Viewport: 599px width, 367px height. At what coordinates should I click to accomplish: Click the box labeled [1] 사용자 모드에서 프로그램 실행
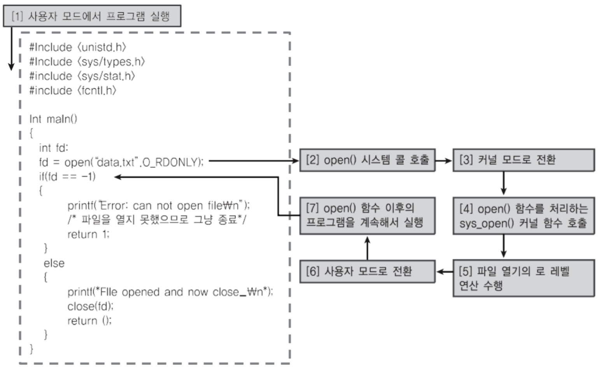(92, 16)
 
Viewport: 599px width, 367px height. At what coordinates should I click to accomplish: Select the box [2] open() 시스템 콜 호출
(367, 160)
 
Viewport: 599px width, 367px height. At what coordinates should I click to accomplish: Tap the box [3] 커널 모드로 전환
(523, 160)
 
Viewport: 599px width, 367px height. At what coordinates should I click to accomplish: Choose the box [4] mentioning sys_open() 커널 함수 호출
(523, 216)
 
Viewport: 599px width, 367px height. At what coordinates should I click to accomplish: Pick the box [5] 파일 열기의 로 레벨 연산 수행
(523, 278)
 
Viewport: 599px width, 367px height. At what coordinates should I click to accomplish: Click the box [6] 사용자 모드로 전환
(367, 271)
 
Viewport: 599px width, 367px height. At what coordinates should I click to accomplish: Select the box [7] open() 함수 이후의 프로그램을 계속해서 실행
(367, 216)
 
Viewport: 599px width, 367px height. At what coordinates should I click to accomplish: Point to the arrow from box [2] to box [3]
(443, 160)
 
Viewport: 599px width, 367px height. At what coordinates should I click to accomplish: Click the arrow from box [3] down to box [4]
(504, 183)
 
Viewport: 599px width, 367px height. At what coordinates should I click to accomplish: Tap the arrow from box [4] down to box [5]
(504, 246)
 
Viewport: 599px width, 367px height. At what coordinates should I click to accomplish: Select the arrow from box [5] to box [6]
(444, 272)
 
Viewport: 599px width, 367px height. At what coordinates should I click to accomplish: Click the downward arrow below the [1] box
(12, 49)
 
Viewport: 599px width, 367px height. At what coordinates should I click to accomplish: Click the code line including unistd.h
(78, 47)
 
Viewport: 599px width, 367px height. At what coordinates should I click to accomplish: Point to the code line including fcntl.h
(73, 91)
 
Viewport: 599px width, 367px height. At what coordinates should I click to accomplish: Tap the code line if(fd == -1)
(67, 177)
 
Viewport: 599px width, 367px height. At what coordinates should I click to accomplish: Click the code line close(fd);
(90, 306)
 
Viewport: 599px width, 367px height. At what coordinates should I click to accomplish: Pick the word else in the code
(54, 263)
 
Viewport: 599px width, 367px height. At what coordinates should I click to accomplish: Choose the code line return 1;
(88, 234)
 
